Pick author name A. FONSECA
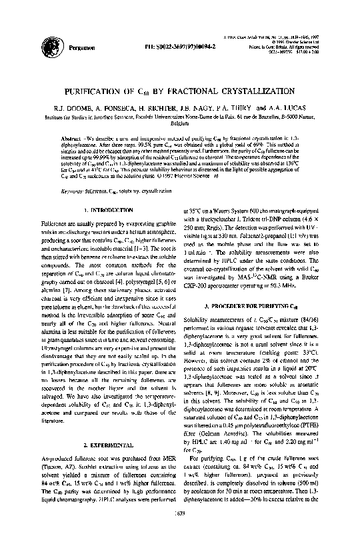[138, 107]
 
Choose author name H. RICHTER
[175, 107]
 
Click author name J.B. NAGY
[209, 107]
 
